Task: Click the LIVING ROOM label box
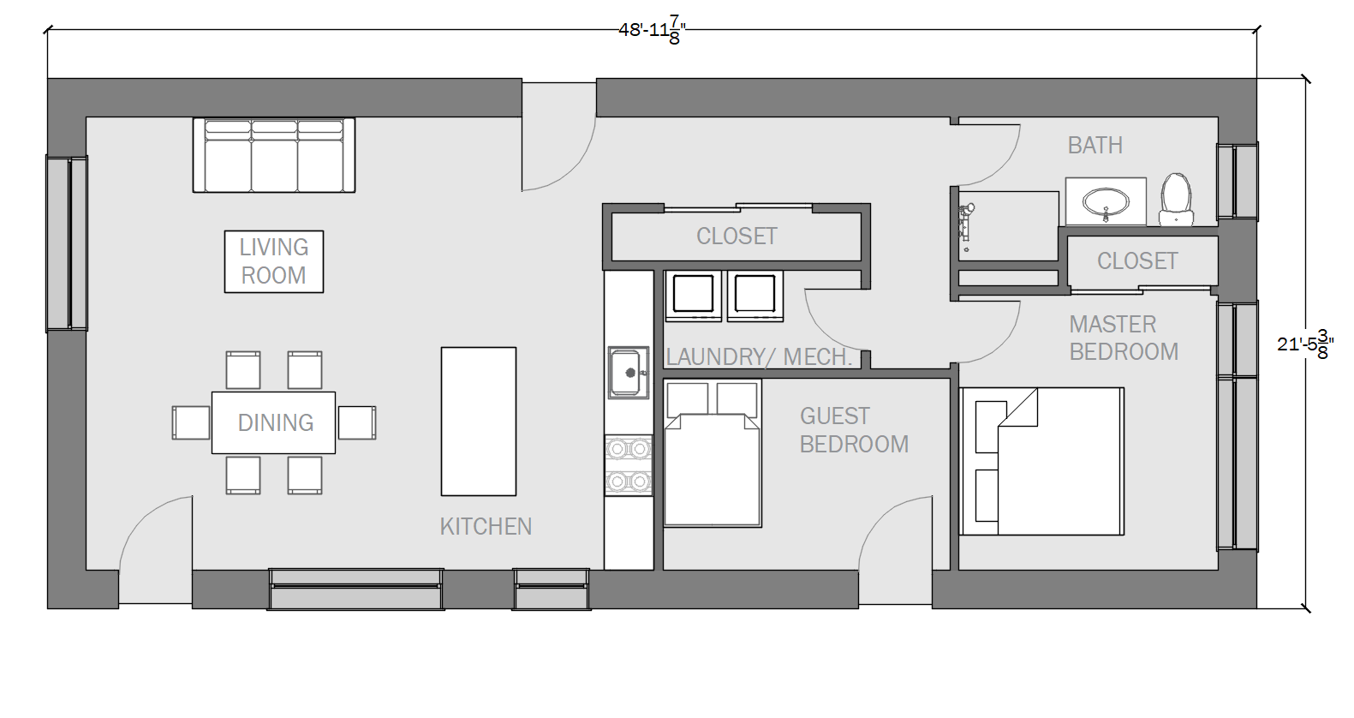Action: point(274,261)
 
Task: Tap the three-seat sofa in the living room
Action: point(274,155)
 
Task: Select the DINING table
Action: point(273,422)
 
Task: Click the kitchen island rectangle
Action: point(479,422)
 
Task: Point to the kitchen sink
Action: point(629,373)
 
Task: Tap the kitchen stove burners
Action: point(629,465)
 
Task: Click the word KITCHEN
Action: point(486,527)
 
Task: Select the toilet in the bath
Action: point(1176,200)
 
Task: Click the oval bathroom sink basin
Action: point(1106,201)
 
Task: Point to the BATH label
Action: point(1095,145)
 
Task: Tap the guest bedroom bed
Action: point(712,453)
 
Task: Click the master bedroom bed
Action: point(1041,461)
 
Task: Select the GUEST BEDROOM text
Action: point(854,430)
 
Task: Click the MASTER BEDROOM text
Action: point(1124,338)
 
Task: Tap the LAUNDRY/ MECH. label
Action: point(759,357)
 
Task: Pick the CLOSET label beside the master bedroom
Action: point(1137,261)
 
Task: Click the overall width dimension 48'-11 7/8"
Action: point(653,30)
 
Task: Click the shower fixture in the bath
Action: point(965,226)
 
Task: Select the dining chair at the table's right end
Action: point(356,422)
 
